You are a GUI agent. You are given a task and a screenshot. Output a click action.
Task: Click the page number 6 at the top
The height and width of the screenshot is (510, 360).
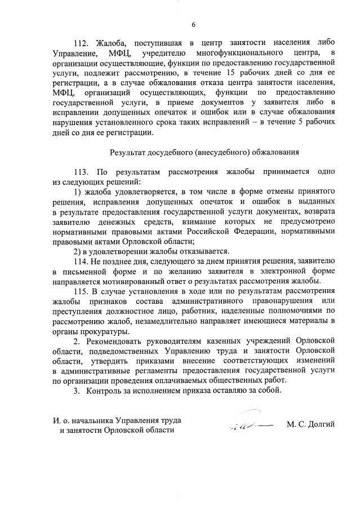pos(193,24)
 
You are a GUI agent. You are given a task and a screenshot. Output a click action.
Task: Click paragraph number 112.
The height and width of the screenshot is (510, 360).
pos(82,43)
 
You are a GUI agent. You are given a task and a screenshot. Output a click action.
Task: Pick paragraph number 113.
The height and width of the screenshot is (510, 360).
pos(82,171)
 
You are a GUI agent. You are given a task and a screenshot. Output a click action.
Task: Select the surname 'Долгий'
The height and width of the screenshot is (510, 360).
pos(321,424)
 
